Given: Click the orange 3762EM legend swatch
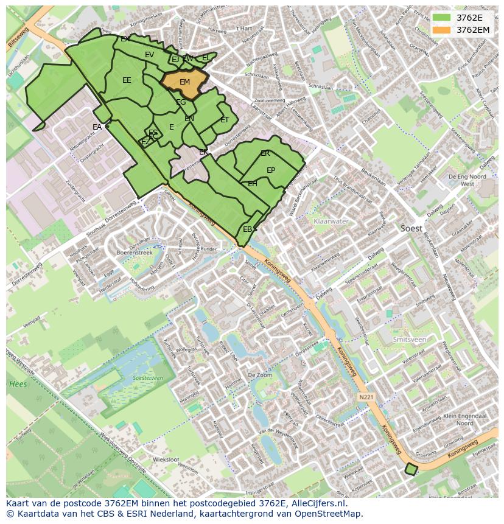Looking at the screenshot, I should pyautogui.click(x=442, y=29).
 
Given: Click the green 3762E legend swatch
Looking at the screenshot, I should pyautogui.click(x=442, y=17).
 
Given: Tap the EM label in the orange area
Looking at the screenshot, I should pyautogui.click(x=184, y=82).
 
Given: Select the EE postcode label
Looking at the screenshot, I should pyautogui.click(x=127, y=80).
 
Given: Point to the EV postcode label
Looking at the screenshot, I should pyautogui.click(x=149, y=55).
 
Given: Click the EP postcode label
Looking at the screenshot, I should pyautogui.click(x=271, y=170).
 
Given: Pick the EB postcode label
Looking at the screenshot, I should pyautogui.click(x=247, y=229).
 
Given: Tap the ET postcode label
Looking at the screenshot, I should pyautogui.click(x=225, y=120).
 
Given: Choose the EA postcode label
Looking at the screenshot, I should pyautogui.click(x=97, y=127).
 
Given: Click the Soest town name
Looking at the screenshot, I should pyautogui.click(x=412, y=228).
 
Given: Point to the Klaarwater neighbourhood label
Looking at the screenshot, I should pyautogui.click(x=330, y=222).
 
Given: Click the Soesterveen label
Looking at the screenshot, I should pyautogui.click(x=148, y=378).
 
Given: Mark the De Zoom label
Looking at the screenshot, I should pyautogui.click(x=260, y=376).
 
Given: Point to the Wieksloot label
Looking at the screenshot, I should pyautogui.click(x=166, y=459).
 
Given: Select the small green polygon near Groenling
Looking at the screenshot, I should pyautogui.click(x=411, y=469).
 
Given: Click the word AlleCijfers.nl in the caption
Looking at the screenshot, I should pyautogui.click(x=318, y=504).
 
